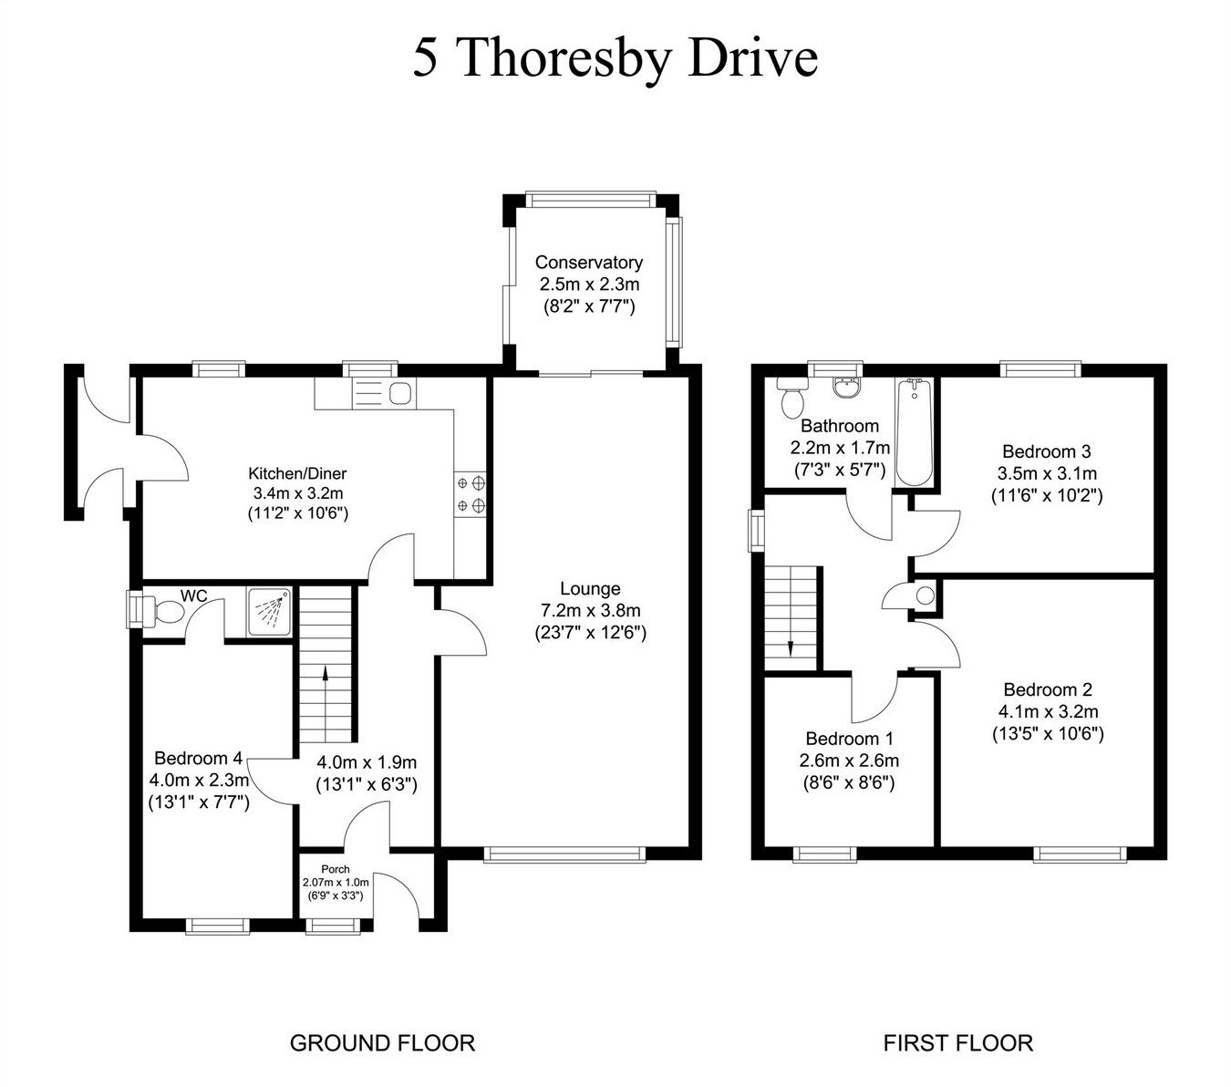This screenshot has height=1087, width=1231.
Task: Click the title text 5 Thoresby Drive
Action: tap(615, 58)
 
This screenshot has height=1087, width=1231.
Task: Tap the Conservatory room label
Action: tap(588, 263)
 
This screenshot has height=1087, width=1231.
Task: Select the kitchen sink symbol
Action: tap(400, 394)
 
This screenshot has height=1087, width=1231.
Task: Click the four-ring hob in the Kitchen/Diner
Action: tap(471, 493)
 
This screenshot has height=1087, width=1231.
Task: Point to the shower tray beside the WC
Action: tap(270, 611)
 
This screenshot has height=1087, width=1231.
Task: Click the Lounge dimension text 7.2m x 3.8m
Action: tap(590, 610)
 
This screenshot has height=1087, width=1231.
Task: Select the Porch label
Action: tap(336, 869)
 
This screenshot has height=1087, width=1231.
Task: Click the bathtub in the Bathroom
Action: tap(914, 433)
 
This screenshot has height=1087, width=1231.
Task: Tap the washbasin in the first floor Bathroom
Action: tap(847, 388)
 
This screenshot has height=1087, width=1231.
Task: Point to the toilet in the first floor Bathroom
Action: tap(791, 397)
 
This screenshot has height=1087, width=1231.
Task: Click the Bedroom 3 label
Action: tap(1046, 451)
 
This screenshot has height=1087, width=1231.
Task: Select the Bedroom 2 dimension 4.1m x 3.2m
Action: tap(1048, 712)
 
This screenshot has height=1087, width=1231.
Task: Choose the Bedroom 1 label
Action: tap(849, 739)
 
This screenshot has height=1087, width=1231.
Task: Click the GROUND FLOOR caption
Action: tap(382, 1042)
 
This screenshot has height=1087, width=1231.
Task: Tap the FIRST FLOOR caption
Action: tap(957, 1042)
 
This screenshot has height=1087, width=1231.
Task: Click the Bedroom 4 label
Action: tap(198, 758)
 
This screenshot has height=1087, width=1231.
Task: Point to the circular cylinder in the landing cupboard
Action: tap(925, 596)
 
